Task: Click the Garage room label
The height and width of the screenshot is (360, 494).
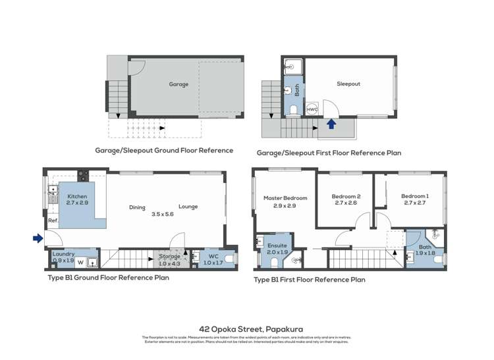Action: coord(178,84)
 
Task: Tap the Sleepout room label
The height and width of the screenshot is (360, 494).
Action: coord(348,84)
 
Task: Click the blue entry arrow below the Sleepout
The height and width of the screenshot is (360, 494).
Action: coord(331,122)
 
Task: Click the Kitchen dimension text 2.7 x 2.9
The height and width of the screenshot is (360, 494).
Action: coord(76,203)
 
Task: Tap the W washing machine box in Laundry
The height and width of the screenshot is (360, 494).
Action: coord(80,262)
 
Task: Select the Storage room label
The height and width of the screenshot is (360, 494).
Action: coord(169,256)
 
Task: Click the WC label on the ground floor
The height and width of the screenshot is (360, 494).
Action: coord(213,256)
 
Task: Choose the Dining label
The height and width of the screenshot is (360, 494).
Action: coord(137,207)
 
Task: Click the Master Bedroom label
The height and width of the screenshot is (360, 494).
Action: coord(285,198)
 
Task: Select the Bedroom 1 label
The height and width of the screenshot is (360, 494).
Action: coord(415,196)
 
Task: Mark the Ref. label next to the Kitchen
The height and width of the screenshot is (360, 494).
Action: coord(52,221)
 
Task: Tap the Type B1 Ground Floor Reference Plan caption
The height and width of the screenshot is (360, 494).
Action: coord(109,278)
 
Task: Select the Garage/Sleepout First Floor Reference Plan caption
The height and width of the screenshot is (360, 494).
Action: coord(328,153)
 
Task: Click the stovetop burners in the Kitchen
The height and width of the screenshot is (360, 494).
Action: coord(83,175)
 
